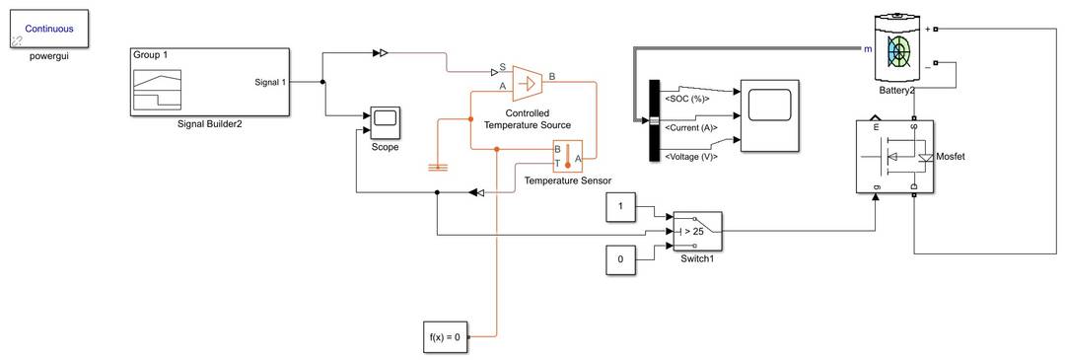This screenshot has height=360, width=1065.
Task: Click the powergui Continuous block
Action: click(48, 30)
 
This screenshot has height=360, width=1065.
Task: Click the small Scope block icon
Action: click(385, 121)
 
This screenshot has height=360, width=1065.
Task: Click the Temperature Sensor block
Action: click(568, 156)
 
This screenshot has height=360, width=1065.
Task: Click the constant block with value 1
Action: click(620, 208)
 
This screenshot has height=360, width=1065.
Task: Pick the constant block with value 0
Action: click(620, 260)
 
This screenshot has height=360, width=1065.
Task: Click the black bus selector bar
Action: click(653, 119)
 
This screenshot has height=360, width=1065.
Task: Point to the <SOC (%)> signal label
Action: click(687, 99)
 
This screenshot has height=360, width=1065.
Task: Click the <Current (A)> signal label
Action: click(691, 127)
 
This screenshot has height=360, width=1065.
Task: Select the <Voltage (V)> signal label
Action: click(691, 157)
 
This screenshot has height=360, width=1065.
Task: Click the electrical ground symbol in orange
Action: click(438, 167)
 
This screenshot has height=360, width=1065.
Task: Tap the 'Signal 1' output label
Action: click(269, 82)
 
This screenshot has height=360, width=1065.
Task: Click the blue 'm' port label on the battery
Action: click(868, 47)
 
